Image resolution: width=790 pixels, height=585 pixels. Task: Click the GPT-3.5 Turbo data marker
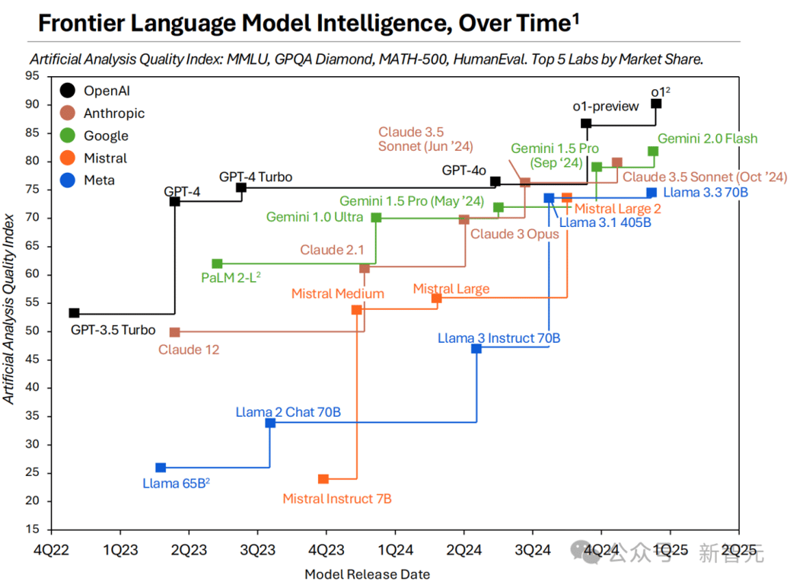(x=74, y=313)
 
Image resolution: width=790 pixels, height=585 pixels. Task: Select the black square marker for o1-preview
(x=586, y=123)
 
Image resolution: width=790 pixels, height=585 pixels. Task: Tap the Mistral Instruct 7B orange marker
(x=323, y=478)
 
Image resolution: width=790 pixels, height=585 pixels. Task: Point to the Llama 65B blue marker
(x=161, y=468)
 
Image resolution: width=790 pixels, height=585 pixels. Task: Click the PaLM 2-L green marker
(x=217, y=264)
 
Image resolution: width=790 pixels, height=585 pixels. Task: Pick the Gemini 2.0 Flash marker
(x=653, y=151)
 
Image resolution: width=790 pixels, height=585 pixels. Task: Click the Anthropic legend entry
(x=105, y=113)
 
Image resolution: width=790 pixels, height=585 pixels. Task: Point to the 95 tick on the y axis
(x=33, y=75)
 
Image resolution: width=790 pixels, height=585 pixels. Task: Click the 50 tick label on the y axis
(x=33, y=331)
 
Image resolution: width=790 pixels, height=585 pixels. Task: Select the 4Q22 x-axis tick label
(x=50, y=548)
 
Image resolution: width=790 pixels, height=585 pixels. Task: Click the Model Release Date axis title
(x=368, y=574)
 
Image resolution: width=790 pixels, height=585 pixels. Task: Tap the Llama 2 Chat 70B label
(x=288, y=412)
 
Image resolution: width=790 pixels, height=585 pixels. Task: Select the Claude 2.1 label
(x=332, y=250)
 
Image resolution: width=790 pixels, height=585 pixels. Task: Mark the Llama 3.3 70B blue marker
(x=651, y=193)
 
